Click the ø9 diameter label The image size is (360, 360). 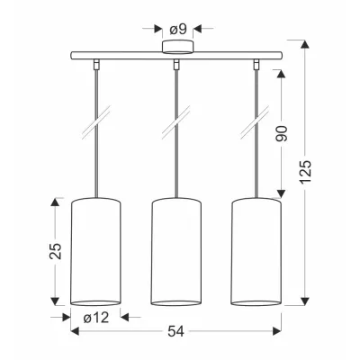(x=178, y=29)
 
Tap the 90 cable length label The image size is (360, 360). (x=282, y=133)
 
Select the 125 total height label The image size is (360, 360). (x=306, y=172)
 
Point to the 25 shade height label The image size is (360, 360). (x=56, y=251)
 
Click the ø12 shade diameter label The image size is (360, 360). (x=96, y=318)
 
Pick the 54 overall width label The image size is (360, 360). (x=175, y=331)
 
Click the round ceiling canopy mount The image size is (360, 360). (x=177, y=47)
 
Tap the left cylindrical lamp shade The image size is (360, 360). (x=95, y=252)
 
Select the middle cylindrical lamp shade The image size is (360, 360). (x=175, y=252)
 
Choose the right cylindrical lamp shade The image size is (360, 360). (x=256, y=252)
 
